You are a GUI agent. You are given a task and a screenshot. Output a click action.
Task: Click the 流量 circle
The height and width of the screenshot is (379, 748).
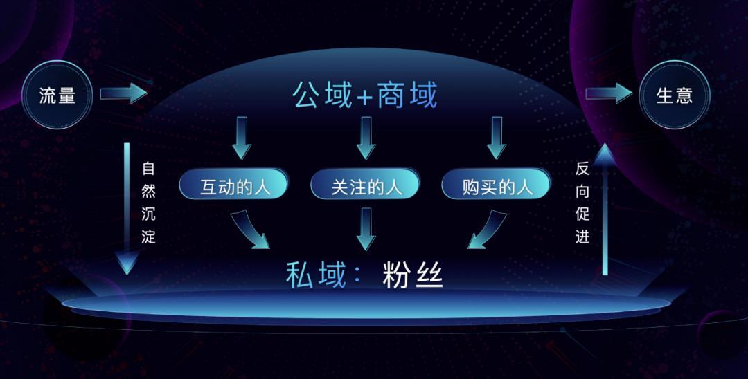[57, 95]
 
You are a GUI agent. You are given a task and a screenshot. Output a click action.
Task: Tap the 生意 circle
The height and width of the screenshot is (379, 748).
[675, 95]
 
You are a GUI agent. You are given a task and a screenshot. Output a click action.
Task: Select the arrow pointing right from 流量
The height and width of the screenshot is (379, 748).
[123, 93]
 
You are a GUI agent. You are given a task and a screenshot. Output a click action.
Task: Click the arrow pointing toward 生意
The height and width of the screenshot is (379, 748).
[609, 93]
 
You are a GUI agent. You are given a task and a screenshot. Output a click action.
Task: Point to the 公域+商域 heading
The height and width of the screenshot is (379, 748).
[365, 95]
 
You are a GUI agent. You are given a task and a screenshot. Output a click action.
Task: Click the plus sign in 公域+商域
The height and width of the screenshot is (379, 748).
[364, 97]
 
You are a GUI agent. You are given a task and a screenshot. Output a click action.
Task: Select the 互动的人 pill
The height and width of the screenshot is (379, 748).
[234, 184]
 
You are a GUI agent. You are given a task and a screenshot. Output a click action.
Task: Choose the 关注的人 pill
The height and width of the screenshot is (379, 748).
[365, 184]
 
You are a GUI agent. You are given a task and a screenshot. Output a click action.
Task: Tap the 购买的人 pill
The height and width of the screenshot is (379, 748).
[496, 184]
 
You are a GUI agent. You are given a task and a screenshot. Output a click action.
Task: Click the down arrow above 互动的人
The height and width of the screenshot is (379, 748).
[242, 138]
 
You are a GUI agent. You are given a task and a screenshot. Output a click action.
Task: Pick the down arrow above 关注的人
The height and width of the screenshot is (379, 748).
[366, 138]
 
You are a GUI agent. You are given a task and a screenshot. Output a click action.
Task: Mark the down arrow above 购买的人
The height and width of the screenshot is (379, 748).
[497, 138]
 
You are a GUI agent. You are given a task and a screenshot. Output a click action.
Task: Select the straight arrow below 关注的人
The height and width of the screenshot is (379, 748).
[366, 229]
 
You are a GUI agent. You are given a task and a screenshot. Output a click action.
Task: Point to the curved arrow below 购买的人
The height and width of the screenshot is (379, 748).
[488, 229]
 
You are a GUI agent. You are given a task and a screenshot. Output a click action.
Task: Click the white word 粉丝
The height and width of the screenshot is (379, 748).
[413, 275]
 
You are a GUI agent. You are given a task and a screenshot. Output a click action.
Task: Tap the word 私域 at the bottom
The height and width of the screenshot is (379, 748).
[315, 275]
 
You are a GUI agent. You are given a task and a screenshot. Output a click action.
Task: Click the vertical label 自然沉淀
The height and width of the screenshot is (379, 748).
[148, 203]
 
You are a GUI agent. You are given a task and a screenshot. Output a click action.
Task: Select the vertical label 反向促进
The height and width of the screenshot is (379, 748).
[582, 203]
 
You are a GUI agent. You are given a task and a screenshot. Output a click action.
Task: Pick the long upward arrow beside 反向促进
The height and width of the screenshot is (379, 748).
[605, 209]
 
